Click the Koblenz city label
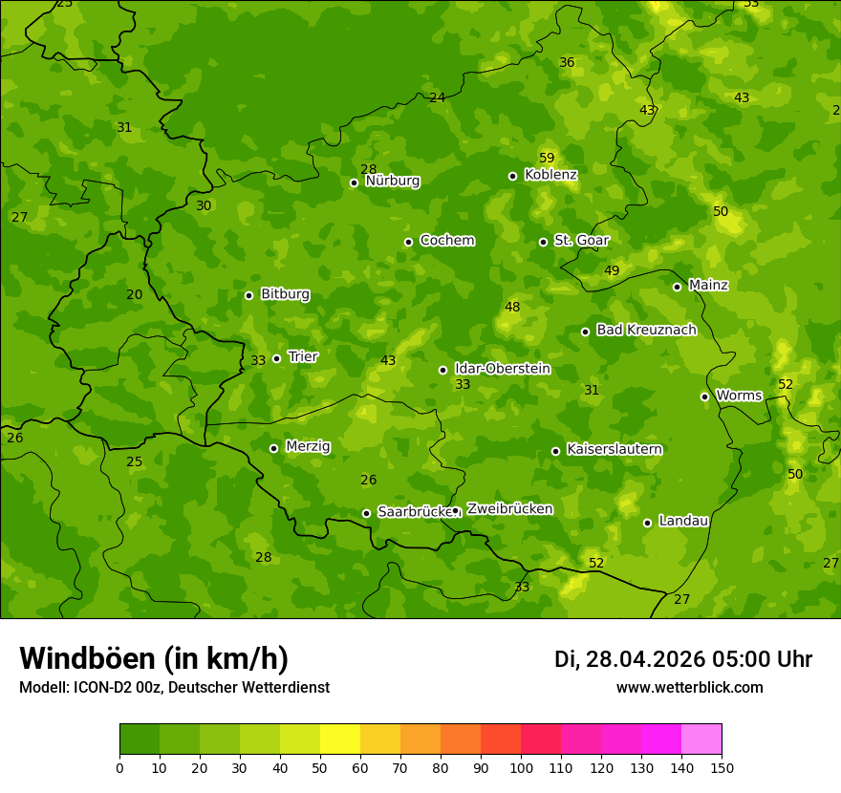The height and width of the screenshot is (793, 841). [550, 175]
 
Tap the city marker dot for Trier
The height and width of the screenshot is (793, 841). [277, 358]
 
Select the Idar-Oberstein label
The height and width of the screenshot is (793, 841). [502, 369]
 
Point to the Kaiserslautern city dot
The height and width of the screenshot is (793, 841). [555, 451]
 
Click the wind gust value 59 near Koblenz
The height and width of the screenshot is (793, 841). [547, 158]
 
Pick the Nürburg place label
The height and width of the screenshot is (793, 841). [392, 181]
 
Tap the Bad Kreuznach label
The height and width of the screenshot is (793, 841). [646, 330]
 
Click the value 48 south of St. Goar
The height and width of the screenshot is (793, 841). [512, 307]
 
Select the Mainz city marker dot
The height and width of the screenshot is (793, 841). [677, 287]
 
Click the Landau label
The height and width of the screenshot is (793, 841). [683, 521]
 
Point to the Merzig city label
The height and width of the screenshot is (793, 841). [308, 446]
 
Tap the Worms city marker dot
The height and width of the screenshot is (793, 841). [704, 396]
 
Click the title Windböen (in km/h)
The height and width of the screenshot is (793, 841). [154, 658]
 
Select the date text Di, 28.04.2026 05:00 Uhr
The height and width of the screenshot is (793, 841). [682, 659]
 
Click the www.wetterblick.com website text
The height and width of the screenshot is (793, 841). [689, 688]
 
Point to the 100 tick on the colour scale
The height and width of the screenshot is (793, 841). [521, 767]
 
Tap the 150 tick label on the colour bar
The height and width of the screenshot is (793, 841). [721, 767]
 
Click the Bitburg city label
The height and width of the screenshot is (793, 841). [285, 294]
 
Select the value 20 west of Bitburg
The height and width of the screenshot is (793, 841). [135, 294]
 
